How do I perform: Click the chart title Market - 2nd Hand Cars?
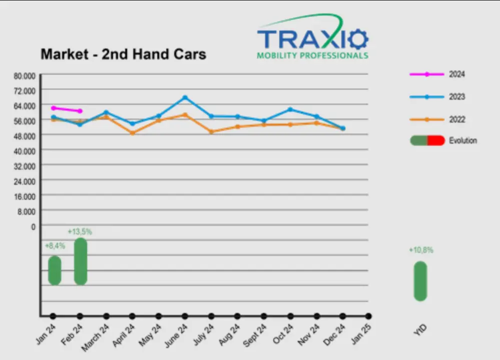[x=123, y=54]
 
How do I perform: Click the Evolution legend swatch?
[x=427, y=141]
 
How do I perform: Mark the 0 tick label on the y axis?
[x=33, y=226]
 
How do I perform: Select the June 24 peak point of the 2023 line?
[x=185, y=97]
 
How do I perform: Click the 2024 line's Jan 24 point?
[x=53, y=108]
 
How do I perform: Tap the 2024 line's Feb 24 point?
[x=80, y=111]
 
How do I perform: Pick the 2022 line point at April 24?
[x=132, y=133]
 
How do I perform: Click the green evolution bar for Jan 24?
[x=55, y=270]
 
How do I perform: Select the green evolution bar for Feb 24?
[x=81, y=261]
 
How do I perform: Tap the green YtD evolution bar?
[x=420, y=281]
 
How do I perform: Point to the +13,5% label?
[x=80, y=232]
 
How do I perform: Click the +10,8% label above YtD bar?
[x=421, y=250]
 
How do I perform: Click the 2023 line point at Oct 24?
[x=290, y=109]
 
